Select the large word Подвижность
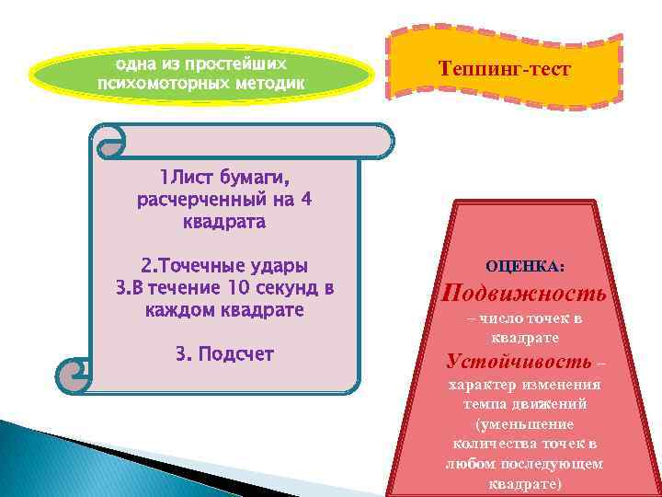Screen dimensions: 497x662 (x=524, y=294)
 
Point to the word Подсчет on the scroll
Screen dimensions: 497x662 (x=236, y=353)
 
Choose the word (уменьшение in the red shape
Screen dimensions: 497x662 (x=524, y=424)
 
